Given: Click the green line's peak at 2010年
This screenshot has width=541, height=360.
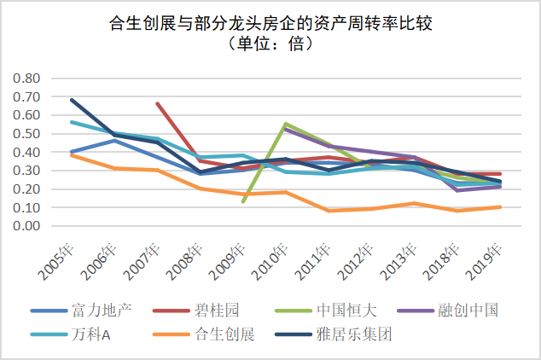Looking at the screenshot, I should click(285, 124).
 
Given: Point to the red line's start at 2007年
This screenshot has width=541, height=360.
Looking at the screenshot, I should click(157, 103).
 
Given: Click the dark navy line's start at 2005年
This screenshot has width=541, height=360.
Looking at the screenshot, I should click(72, 100).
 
